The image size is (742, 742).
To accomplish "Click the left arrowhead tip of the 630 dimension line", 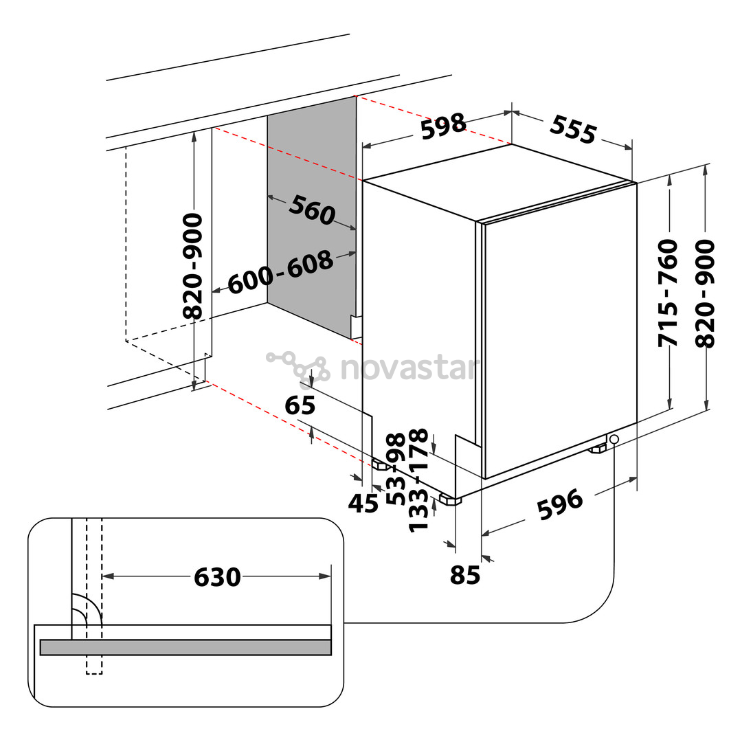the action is tap(102, 576).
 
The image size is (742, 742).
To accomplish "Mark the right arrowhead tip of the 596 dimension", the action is tap(637, 478).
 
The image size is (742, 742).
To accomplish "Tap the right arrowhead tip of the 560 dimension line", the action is tap(356, 230).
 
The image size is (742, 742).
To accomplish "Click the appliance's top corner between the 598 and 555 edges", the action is tap(512, 144).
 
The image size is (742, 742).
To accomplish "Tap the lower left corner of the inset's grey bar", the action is tap(41, 655).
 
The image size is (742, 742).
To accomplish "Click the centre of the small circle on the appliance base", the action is tap(614, 439).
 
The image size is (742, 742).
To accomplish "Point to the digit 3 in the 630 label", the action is tap(217, 577).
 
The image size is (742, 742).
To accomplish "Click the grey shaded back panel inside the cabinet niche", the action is tap(311, 218).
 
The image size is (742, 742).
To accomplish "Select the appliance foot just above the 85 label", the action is tap(449, 499).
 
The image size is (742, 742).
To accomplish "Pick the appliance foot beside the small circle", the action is tap(597, 448).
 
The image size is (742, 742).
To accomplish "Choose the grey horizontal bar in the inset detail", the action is tap(185, 647).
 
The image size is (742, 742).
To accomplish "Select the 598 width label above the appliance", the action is tap(443, 126).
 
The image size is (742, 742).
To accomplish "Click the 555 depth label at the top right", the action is tap(573, 129).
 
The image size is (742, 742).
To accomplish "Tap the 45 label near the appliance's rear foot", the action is tap(363, 504).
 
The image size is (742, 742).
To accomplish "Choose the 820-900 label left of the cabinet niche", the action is tap(193, 266).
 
